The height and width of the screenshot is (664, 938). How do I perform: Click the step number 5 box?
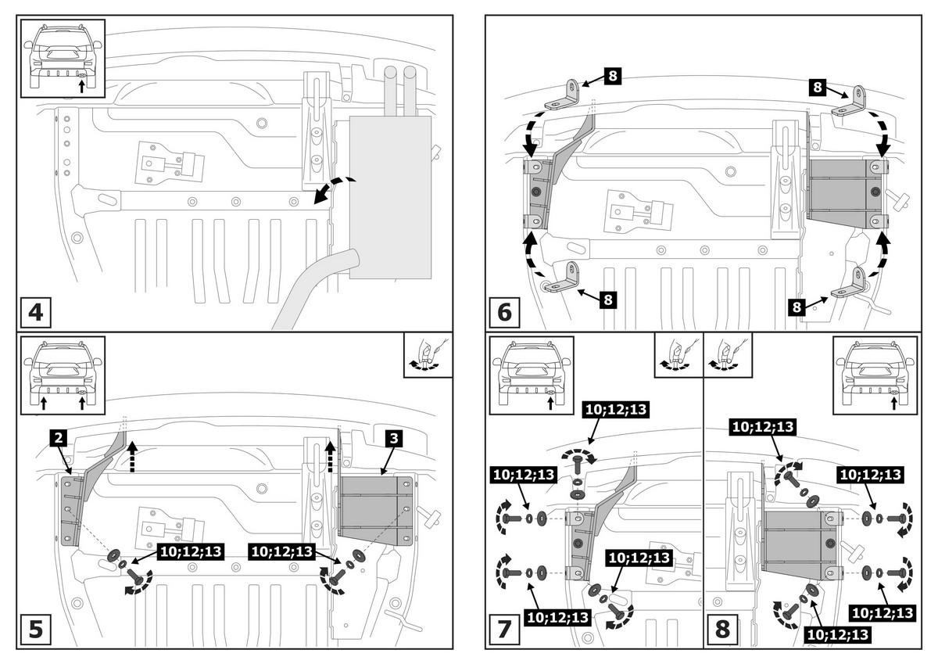pos(35,629)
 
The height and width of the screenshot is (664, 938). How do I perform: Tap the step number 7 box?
pos(504,629)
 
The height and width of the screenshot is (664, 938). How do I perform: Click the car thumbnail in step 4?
pos(63,59)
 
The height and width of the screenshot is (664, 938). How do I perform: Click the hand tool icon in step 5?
pos(428,357)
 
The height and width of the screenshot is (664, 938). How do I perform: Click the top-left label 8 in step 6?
pos(612,76)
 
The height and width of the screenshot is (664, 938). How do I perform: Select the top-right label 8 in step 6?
pos(818,87)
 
